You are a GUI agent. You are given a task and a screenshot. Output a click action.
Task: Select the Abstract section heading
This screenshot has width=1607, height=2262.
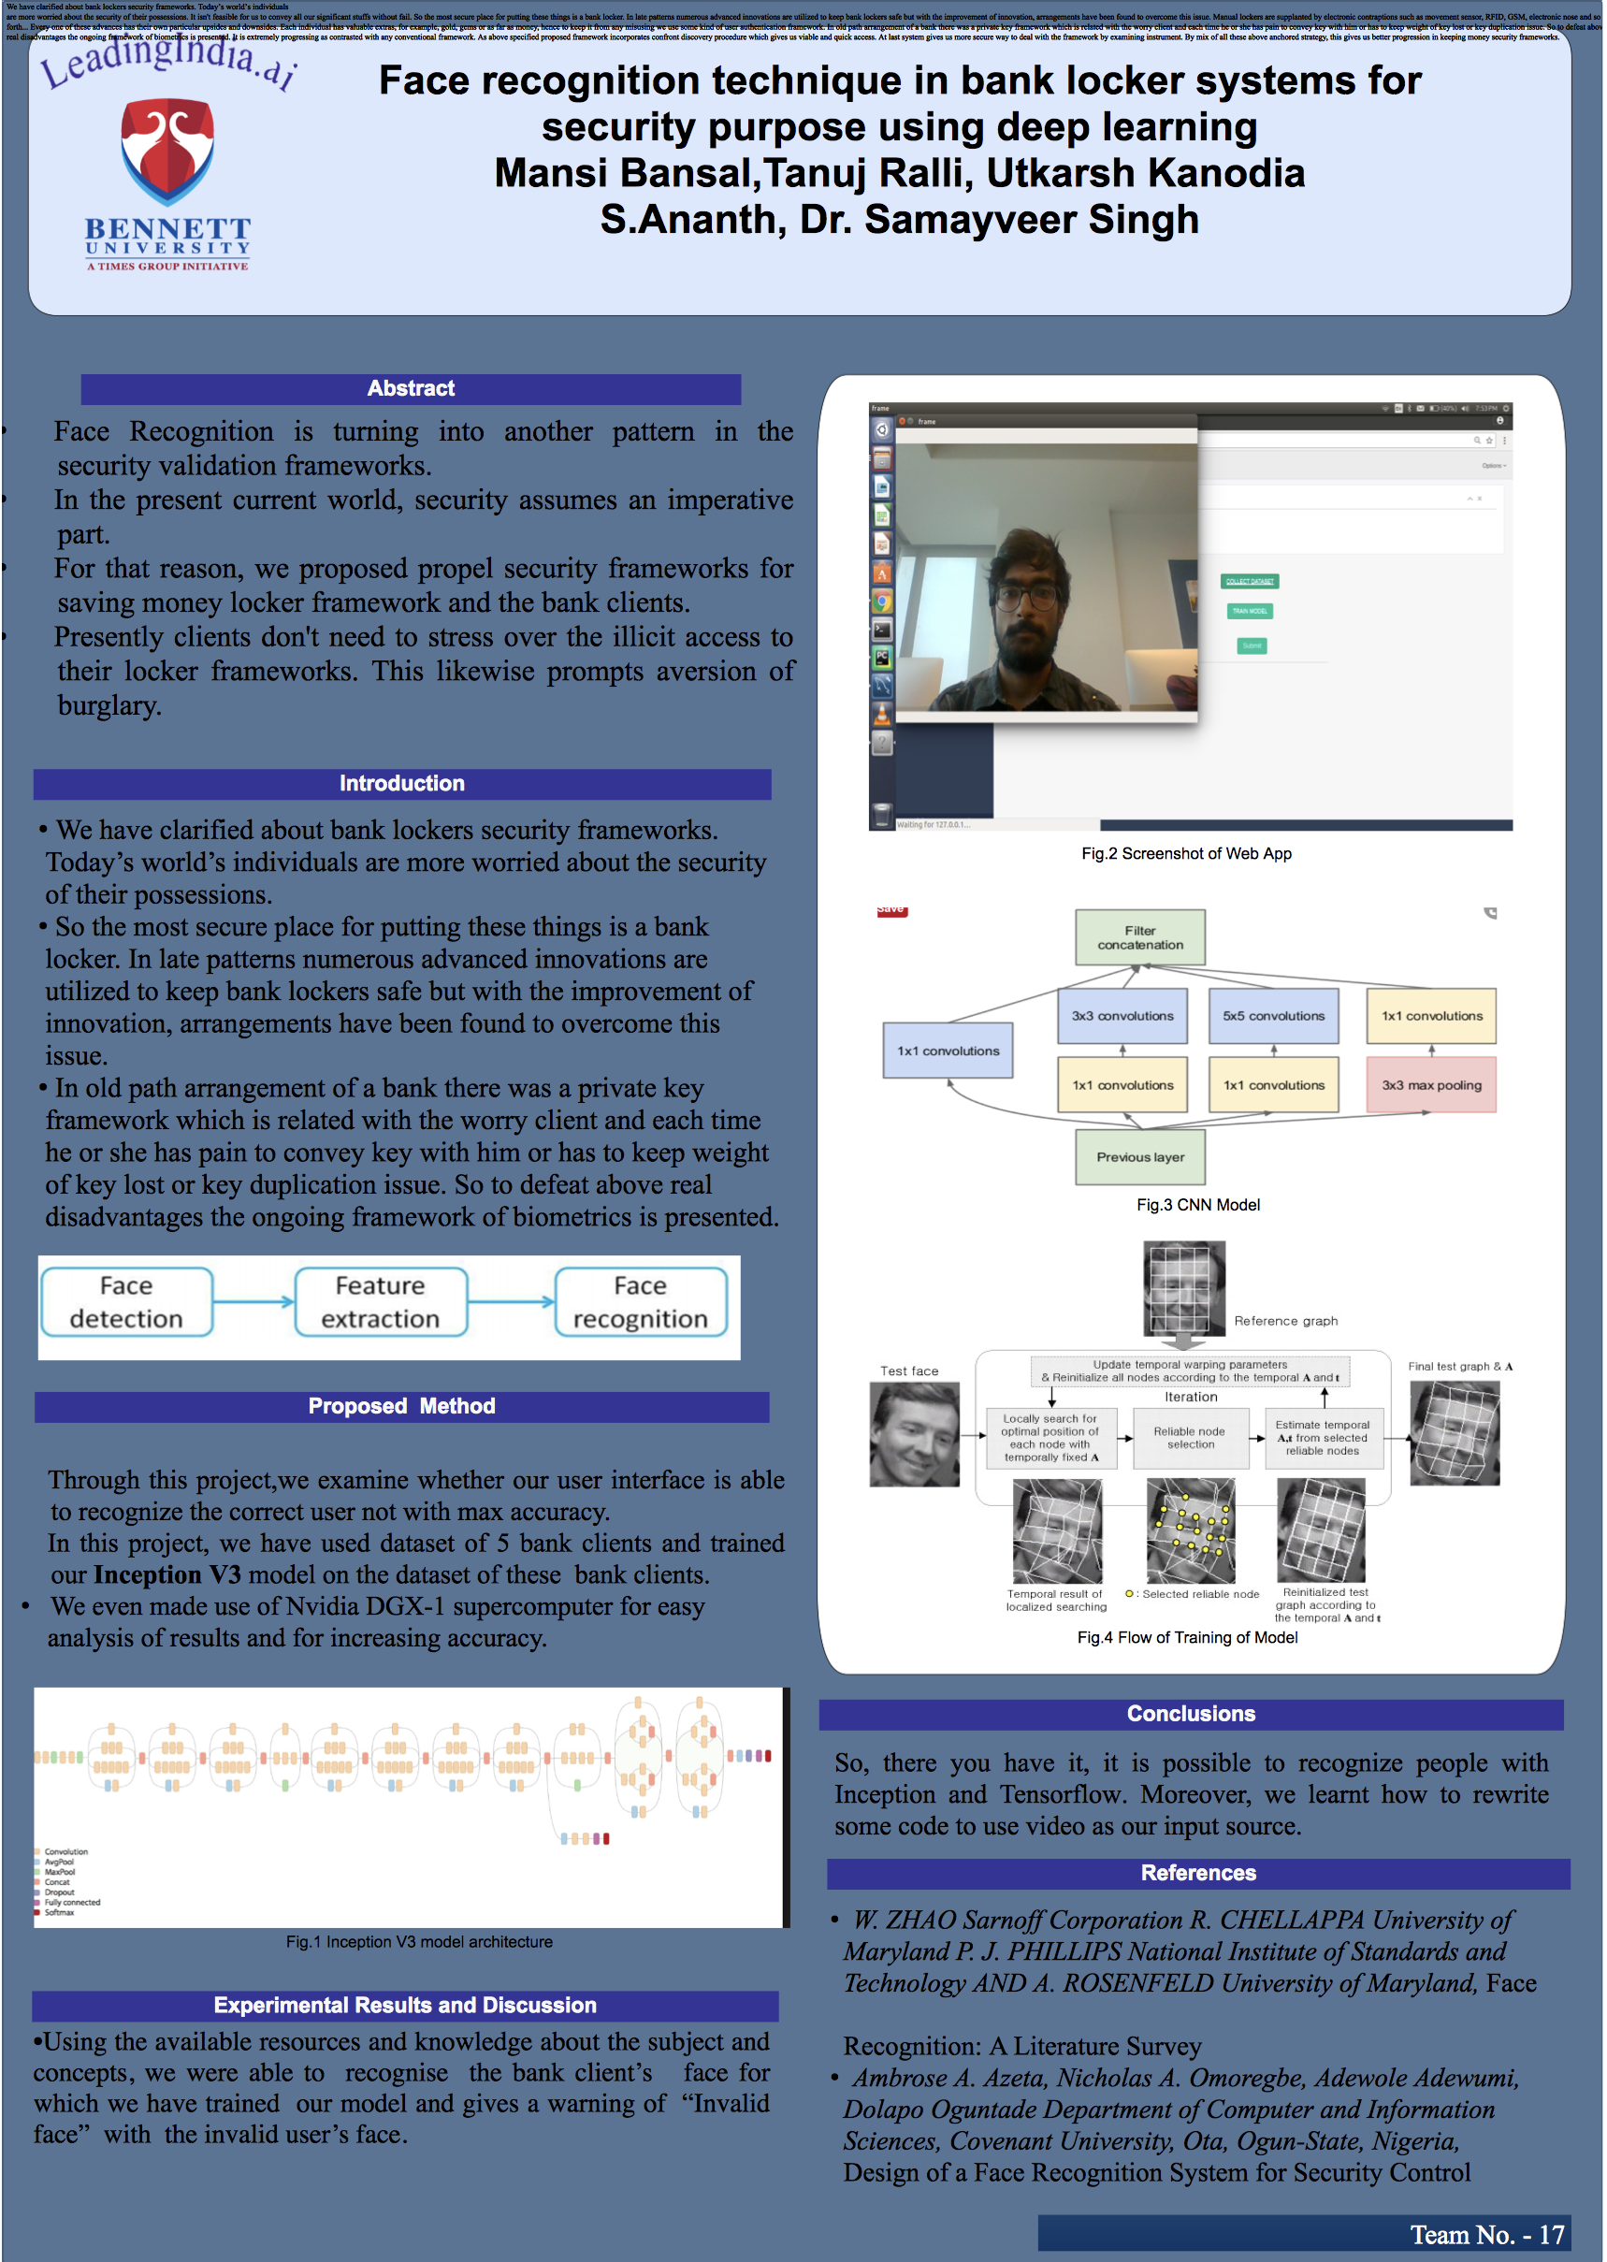[411, 389]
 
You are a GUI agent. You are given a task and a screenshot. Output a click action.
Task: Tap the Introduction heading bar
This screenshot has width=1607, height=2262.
[402, 784]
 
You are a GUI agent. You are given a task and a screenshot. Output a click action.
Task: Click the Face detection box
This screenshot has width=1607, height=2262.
[126, 1302]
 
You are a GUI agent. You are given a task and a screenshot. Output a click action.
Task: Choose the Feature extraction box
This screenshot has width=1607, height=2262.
[380, 1302]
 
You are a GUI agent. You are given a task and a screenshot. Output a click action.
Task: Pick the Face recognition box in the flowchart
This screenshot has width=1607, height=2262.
[640, 1302]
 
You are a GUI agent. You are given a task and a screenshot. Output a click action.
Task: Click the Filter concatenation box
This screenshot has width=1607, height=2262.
[1140, 937]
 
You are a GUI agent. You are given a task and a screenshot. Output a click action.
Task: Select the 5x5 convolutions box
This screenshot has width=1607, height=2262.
[1272, 1016]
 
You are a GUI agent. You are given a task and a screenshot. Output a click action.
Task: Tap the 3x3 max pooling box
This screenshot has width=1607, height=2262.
[1431, 1085]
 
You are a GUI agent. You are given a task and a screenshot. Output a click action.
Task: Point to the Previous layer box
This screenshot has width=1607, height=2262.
[1140, 1157]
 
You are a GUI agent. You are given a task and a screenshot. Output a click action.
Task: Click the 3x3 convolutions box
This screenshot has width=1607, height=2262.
[1122, 1016]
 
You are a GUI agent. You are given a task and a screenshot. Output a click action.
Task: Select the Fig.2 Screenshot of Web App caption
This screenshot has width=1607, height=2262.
[1186, 854]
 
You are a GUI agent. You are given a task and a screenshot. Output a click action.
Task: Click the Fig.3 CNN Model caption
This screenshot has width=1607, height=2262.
[1197, 1205]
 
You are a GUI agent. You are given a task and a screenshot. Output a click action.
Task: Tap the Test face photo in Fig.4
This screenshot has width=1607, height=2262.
[914, 1434]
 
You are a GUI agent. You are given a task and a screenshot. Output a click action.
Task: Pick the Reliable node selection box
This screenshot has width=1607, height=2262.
[1190, 1438]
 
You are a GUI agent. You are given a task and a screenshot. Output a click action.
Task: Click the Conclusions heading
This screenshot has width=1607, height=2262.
[1191, 1715]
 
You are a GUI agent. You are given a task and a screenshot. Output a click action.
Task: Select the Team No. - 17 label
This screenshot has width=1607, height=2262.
[1486, 2234]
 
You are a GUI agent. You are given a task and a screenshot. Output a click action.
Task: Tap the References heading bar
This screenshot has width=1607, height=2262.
[1198, 1873]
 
